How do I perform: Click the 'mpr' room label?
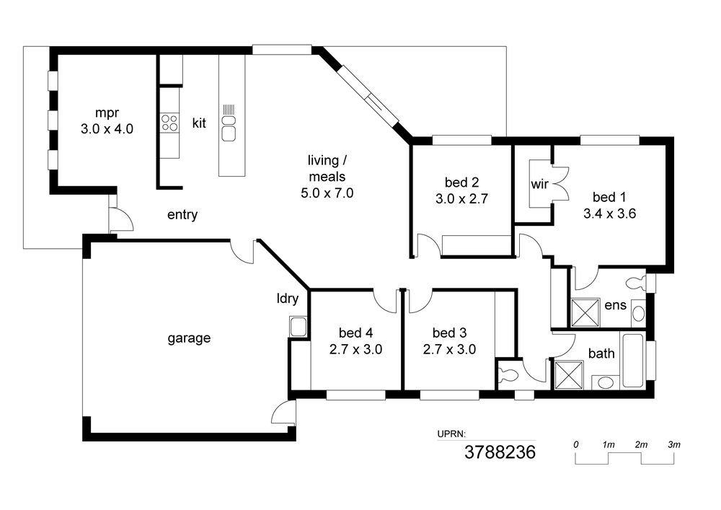pos(107,113)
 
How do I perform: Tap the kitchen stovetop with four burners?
pos(169,123)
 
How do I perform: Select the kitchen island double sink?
pos(229,128)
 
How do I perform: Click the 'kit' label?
pos(199,123)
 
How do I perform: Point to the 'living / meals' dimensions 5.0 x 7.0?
pos(327,193)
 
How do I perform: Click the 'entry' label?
pos(182,215)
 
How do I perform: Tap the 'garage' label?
pos(189,338)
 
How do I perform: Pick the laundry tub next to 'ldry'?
pos(298,327)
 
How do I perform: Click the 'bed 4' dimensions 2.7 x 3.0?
pos(355,350)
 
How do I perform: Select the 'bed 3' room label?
pos(449,333)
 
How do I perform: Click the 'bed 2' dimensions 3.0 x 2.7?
pos(461,199)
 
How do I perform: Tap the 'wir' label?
pos(539,185)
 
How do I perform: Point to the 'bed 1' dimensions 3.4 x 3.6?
pos(609,214)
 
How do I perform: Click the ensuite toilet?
pos(637,283)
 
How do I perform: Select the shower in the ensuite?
pos(585,313)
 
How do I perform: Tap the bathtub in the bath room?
pos(633,360)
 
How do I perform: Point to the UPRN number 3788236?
pos(500,452)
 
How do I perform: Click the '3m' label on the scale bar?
pos(673,444)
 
